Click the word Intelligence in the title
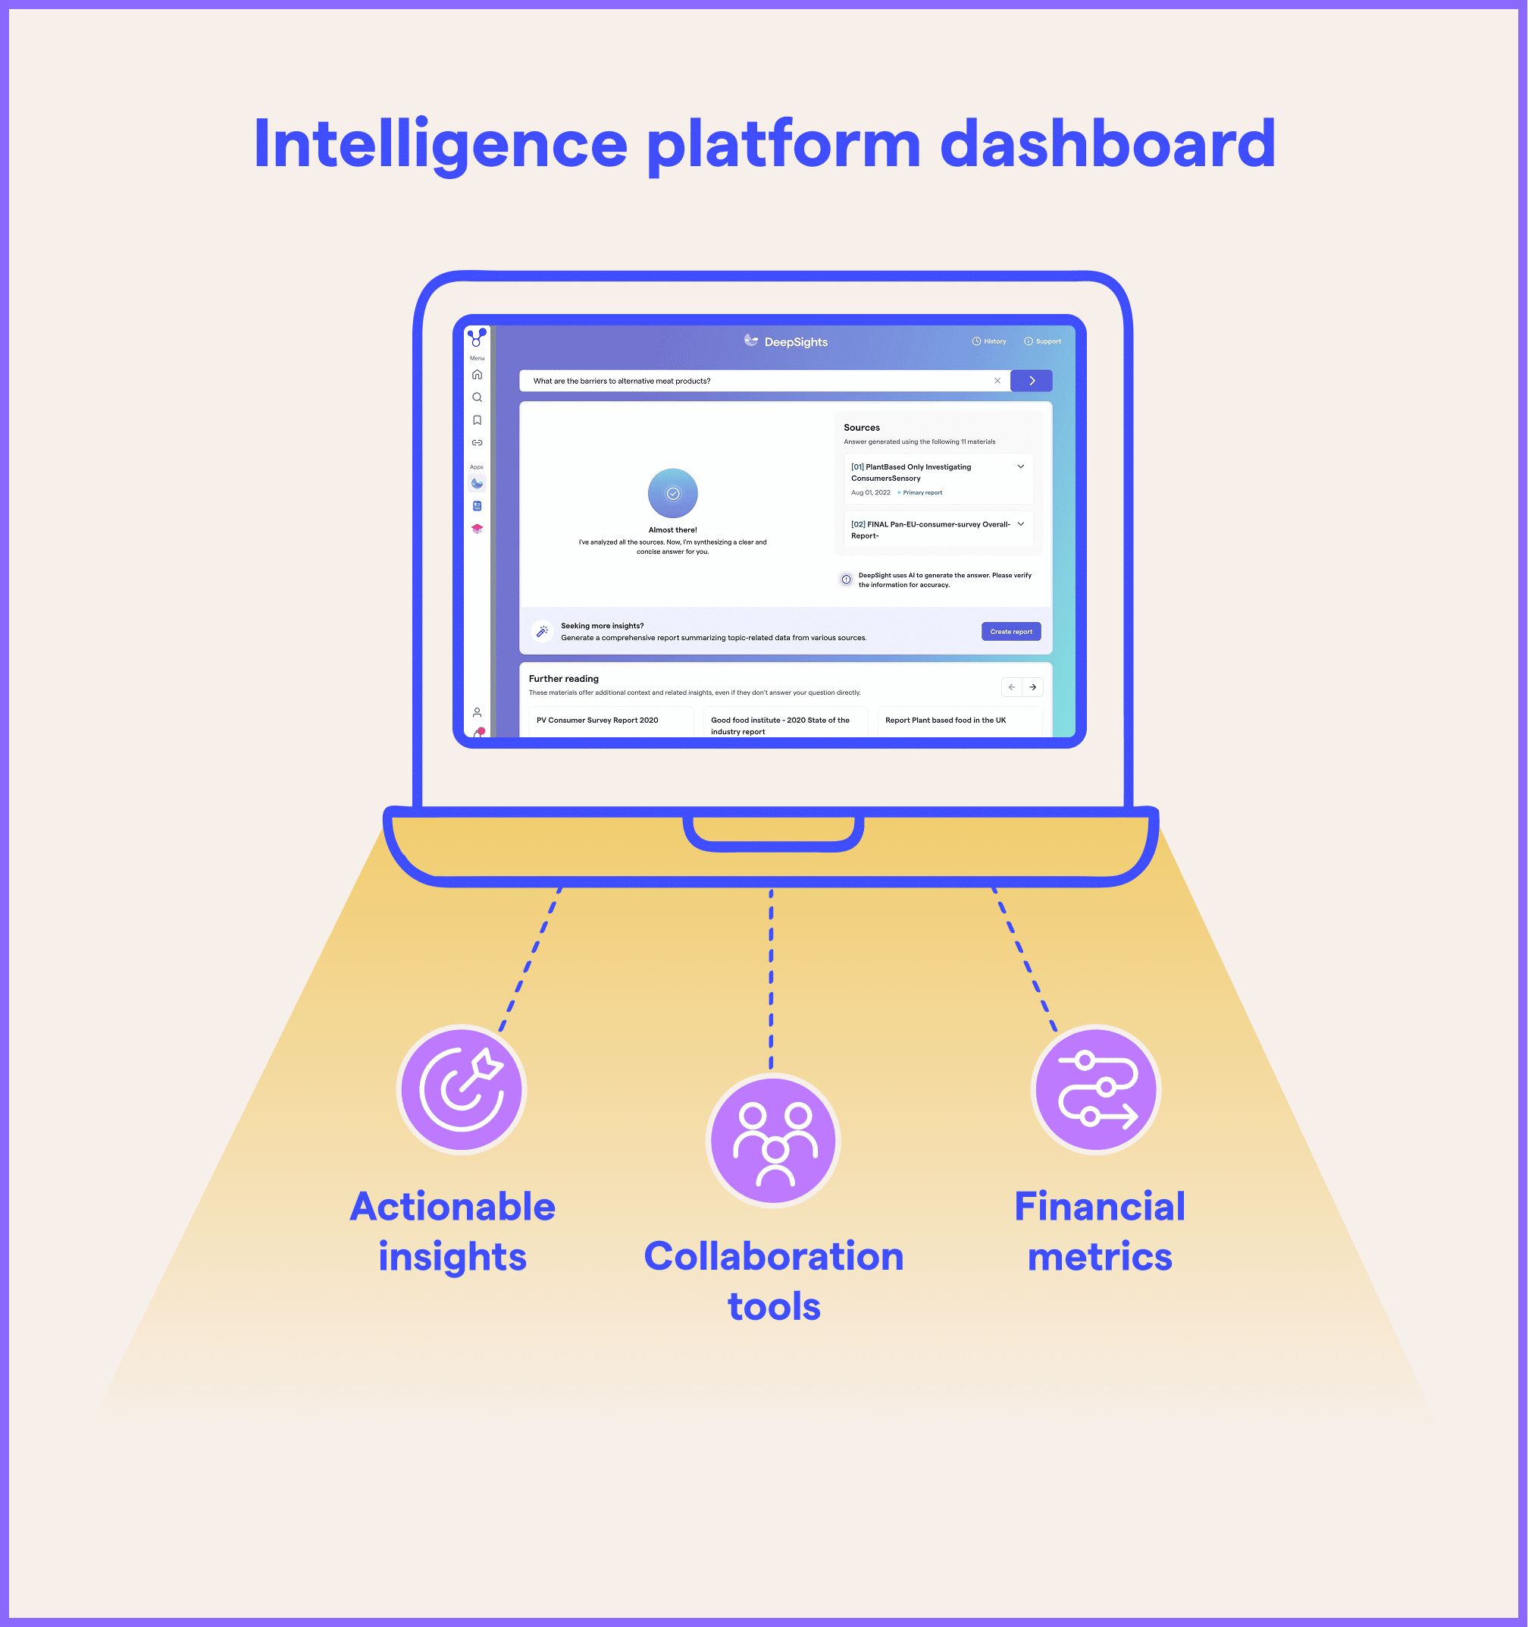pyautogui.click(x=440, y=144)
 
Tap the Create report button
pyautogui.click(x=1010, y=631)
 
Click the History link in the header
pyautogui.click(x=990, y=341)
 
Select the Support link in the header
pyautogui.click(x=1043, y=341)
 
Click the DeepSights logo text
pyautogui.click(x=795, y=342)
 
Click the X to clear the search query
pyautogui.click(x=997, y=381)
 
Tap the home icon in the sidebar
pyautogui.click(x=477, y=375)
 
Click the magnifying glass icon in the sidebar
pyautogui.click(x=477, y=397)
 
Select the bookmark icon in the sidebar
pyautogui.click(x=477, y=420)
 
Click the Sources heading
pyautogui.click(x=861, y=427)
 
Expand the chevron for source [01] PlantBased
pyautogui.click(x=1020, y=466)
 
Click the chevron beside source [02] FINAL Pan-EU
pyautogui.click(x=1020, y=524)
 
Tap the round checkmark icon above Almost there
pyautogui.click(x=672, y=493)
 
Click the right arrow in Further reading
pyautogui.click(x=1032, y=686)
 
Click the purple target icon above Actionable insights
pyautogui.click(x=462, y=1089)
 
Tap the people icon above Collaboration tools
pyautogui.click(x=773, y=1141)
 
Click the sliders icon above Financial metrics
pyautogui.click(x=1096, y=1089)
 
